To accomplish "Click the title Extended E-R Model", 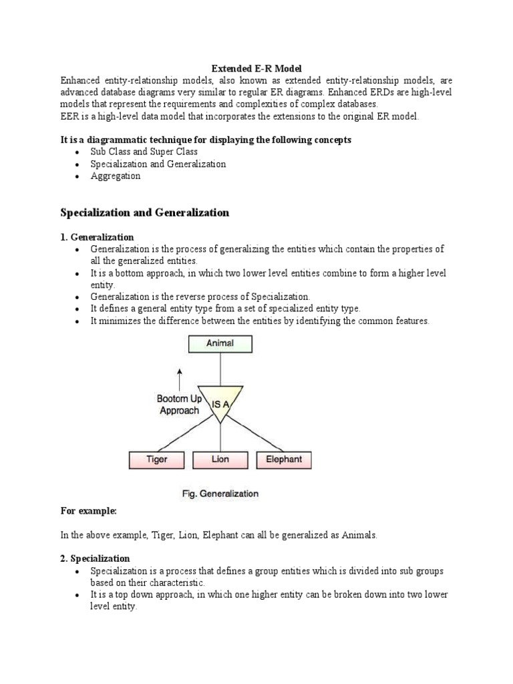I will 256,68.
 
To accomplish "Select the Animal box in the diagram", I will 220,343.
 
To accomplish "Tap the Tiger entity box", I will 156,460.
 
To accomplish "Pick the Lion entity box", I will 220,460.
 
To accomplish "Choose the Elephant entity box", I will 284,460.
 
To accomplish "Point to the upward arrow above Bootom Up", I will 179,378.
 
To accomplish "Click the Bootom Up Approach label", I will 179,404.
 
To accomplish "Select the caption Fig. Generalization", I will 220,494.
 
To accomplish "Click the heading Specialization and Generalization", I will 145,212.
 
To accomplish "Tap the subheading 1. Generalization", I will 97,237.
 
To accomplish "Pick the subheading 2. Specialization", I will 95,558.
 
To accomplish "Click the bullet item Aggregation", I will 116,176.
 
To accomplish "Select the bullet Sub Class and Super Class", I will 144,152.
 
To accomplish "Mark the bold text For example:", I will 88,510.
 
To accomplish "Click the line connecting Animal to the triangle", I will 220,369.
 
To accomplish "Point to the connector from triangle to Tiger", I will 184,435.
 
